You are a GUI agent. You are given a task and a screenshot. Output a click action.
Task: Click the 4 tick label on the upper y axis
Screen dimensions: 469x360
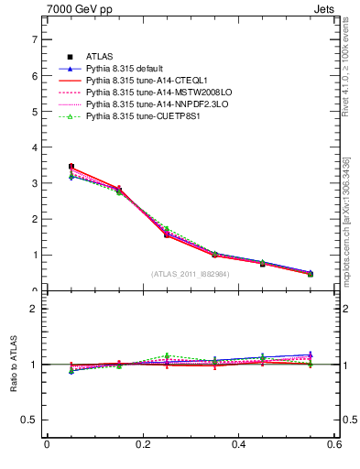(34, 147)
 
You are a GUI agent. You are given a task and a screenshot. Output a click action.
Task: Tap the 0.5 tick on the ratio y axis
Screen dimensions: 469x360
(30, 420)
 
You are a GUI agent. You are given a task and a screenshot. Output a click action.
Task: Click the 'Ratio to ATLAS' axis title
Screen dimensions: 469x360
(12, 365)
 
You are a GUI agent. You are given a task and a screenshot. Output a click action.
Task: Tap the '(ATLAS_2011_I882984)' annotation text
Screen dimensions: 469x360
(190, 273)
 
